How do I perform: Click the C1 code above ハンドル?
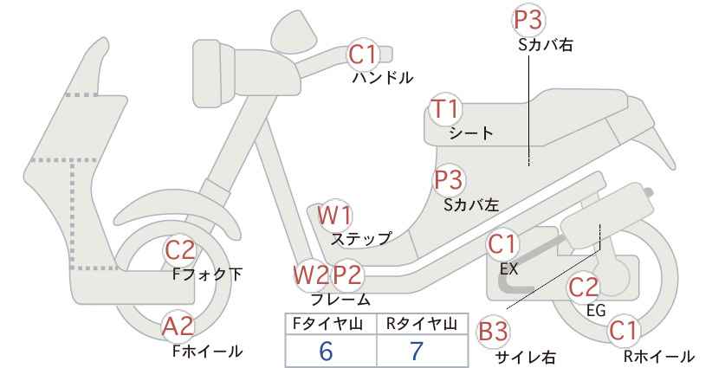[x=363, y=54]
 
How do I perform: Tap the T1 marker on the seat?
[x=445, y=109]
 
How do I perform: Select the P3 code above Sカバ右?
[x=528, y=20]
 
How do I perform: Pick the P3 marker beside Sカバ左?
[x=449, y=180]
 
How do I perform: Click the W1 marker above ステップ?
[x=334, y=215]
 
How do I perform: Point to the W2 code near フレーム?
[x=311, y=275]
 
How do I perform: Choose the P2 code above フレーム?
[x=347, y=275]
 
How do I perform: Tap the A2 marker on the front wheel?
[x=178, y=326]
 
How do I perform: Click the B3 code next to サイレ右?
[x=493, y=332]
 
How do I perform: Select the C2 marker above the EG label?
[x=584, y=287]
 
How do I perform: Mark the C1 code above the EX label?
[x=502, y=244]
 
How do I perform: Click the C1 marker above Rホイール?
[x=624, y=331]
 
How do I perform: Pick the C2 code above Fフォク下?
[x=180, y=250]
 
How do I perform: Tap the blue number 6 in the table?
[x=326, y=351]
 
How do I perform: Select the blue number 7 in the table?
[x=417, y=351]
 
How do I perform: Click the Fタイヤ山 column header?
[x=327, y=324]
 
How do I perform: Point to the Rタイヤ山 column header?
[x=422, y=324]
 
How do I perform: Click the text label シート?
[x=471, y=133]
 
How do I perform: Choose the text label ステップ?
[x=361, y=239]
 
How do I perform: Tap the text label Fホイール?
[x=208, y=351]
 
